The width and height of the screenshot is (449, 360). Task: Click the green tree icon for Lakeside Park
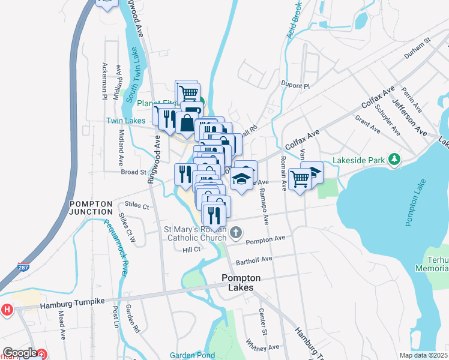394,159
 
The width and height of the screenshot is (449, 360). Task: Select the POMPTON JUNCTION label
91,208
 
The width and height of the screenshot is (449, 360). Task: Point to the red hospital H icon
7,310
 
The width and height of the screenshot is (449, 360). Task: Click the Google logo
20,353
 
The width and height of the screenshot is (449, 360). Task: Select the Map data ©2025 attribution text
423,355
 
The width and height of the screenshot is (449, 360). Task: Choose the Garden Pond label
192,355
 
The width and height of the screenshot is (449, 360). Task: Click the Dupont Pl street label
294,86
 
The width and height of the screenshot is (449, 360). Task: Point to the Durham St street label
418,48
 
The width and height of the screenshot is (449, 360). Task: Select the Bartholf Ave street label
254,259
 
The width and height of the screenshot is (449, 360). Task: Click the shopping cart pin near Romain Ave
300,178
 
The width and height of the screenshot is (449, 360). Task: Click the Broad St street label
134,172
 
